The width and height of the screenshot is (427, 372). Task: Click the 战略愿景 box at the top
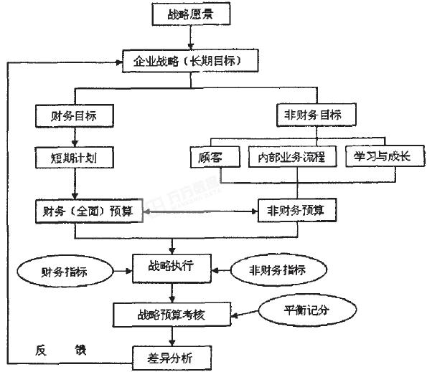190,13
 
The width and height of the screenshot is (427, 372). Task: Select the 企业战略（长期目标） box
190,62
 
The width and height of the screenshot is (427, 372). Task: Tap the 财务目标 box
75,115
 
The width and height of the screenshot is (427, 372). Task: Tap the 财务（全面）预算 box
88,211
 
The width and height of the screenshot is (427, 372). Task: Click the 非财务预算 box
296,211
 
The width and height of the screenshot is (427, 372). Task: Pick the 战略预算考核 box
172,313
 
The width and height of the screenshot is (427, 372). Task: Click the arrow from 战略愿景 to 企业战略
190,37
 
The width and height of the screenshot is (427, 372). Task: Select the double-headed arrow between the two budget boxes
200,211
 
